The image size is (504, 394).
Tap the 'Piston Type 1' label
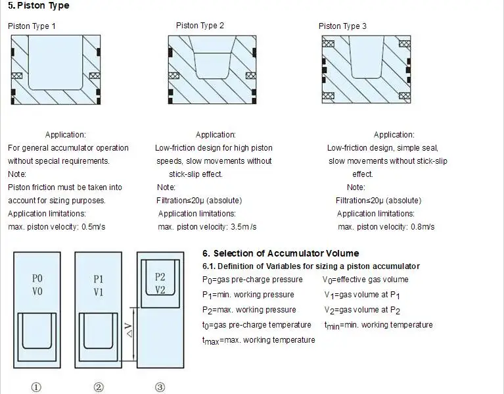pyautogui.click(x=32, y=26)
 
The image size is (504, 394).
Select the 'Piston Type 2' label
pyautogui.click(x=200, y=26)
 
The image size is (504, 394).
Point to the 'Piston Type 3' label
pyautogui.click(x=342, y=26)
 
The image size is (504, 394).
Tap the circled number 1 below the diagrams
pyautogui.click(x=37, y=387)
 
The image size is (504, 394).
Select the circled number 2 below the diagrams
pyautogui.click(x=99, y=387)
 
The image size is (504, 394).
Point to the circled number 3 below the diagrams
pyautogui.click(x=160, y=387)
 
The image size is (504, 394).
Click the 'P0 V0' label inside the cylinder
pyautogui.click(x=37, y=285)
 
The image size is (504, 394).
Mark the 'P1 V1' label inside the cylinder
pyautogui.click(x=99, y=285)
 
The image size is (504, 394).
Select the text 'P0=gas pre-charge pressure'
pyautogui.click(x=249, y=280)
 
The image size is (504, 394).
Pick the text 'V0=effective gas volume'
pyautogui.click(x=365, y=280)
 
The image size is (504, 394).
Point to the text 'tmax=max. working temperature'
pyautogui.click(x=258, y=340)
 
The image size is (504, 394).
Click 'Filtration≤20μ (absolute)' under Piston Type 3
pyautogui.click(x=378, y=201)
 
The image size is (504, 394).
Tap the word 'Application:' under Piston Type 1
pyautogui.click(x=65, y=135)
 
